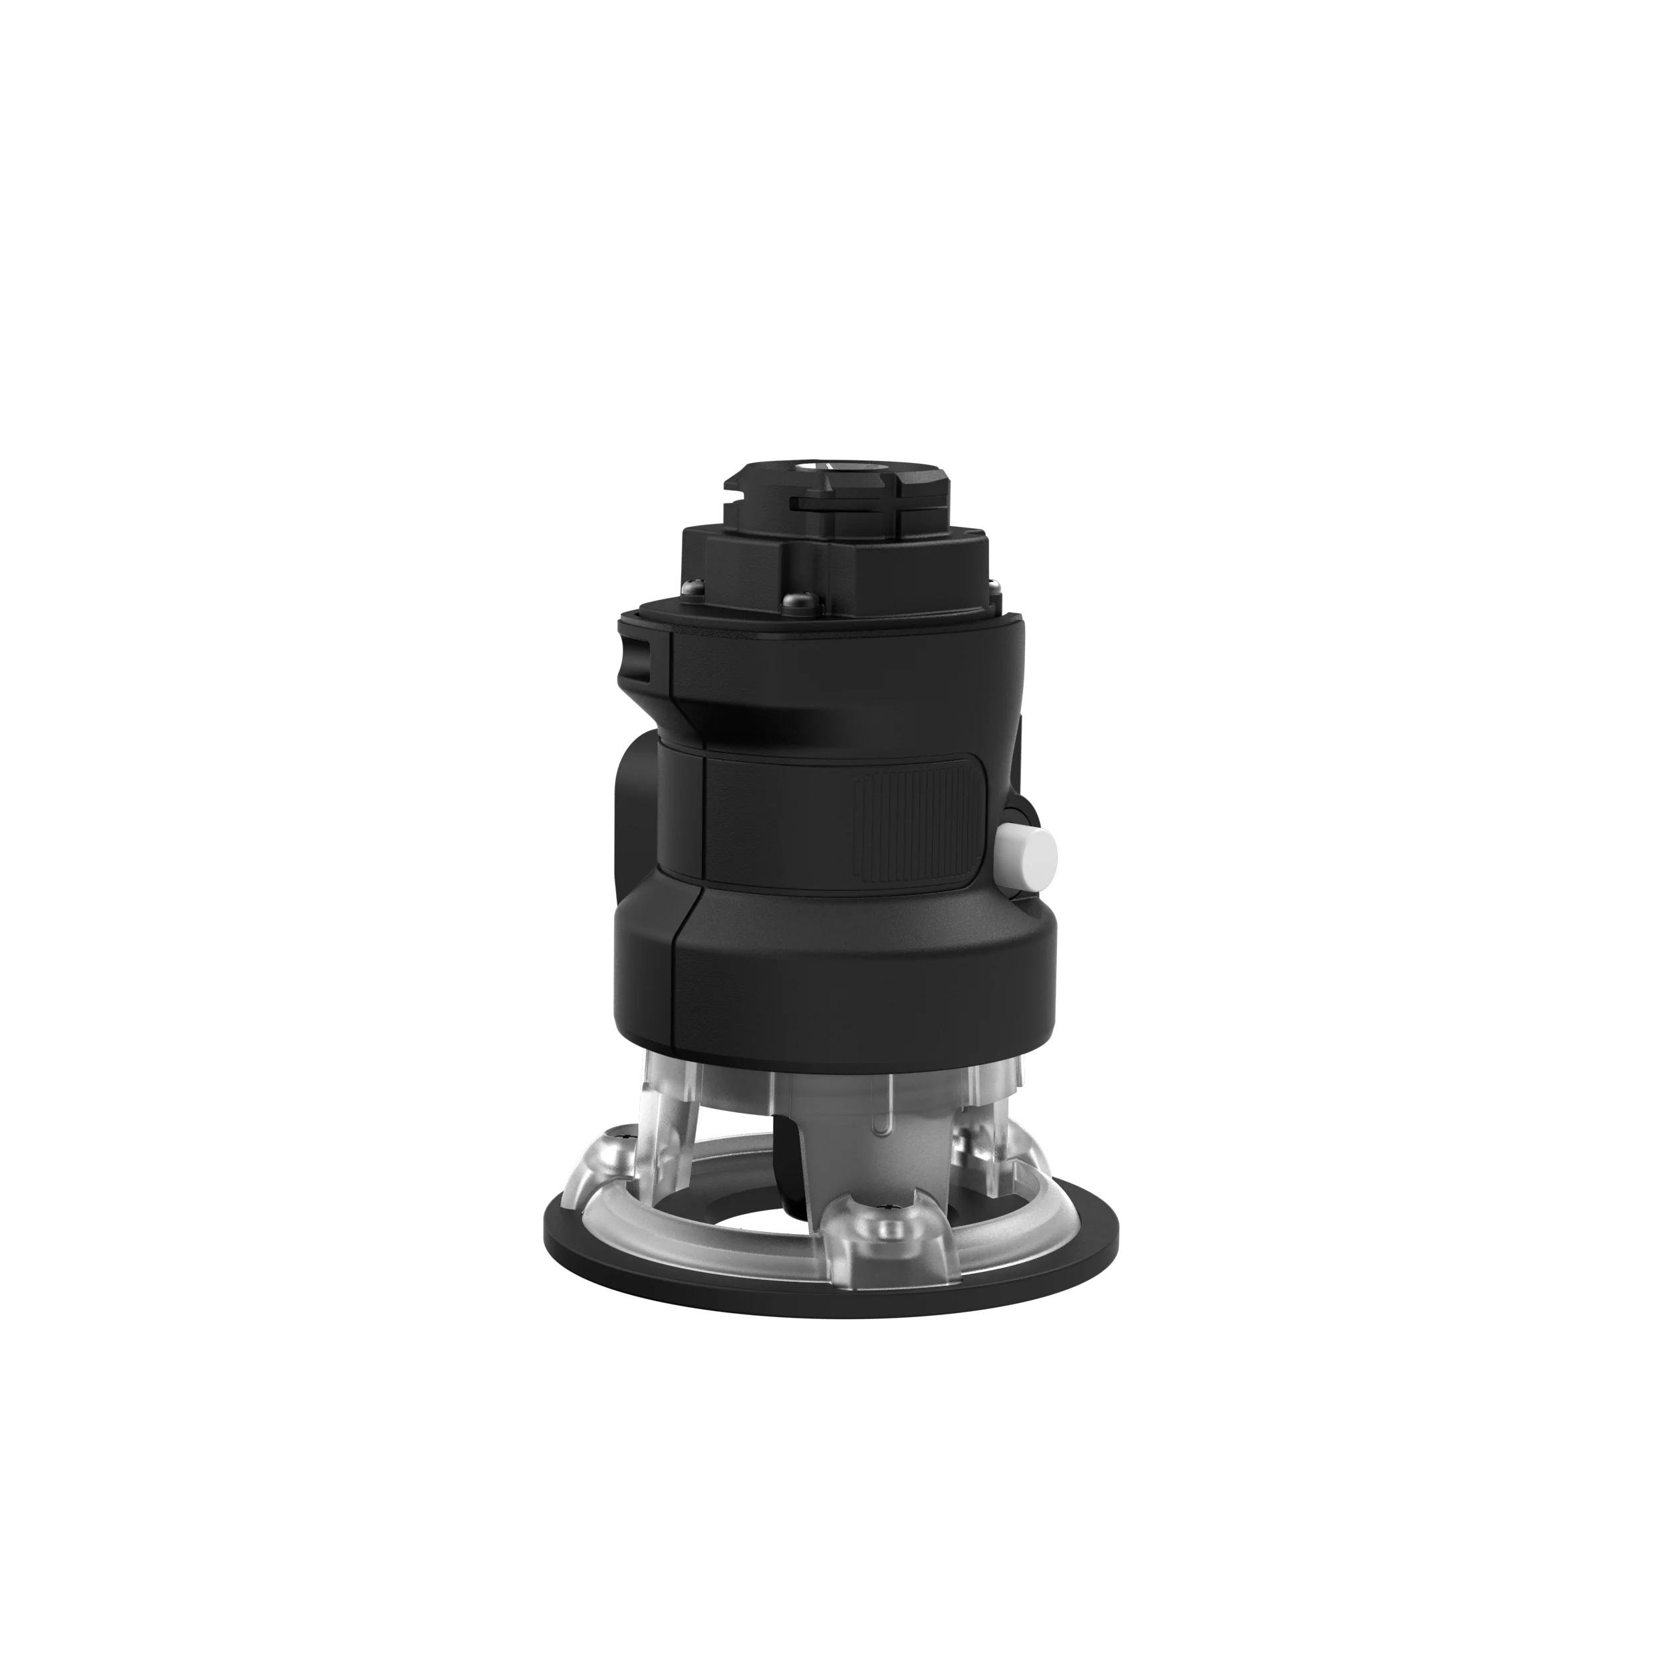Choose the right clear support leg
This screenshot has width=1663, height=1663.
click(x=990, y=1119)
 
